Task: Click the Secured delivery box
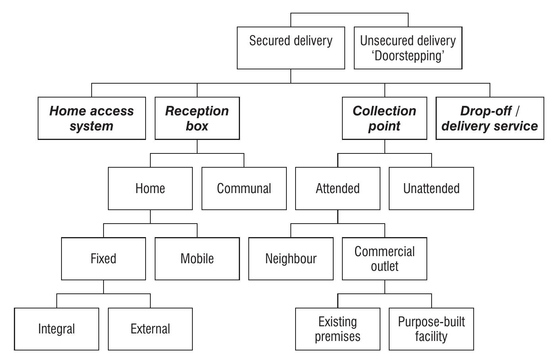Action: click(x=291, y=48)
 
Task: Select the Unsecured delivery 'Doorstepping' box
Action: click(x=408, y=48)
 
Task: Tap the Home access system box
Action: click(x=92, y=118)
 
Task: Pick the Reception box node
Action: click(x=197, y=118)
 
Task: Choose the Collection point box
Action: click(x=384, y=118)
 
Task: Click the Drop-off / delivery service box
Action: click(x=490, y=118)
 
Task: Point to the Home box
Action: click(x=150, y=188)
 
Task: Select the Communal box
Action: click(x=244, y=188)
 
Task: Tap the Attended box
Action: click(x=338, y=188)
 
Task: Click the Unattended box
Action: click(x=431, y=188)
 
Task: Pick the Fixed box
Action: click(x=104, y=259)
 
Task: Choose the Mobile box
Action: click(x=197, y=259)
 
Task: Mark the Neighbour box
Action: click(x=291, y=259)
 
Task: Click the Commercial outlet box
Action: click(x=384, y=259)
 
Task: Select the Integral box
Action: click(x=56, y=329)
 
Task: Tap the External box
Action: click(x=150, y=329)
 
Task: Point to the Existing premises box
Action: click(x=338, y=329)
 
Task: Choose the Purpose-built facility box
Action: click(x=431, y=329)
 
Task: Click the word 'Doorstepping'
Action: click(x=408, y=56)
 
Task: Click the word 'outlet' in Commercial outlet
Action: click(x=384, y=266)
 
